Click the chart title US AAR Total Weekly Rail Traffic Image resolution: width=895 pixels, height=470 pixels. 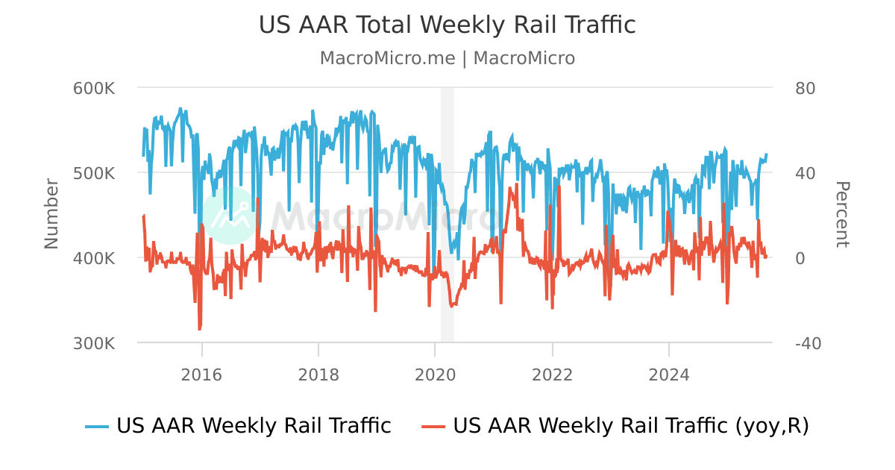[x=447, y=25]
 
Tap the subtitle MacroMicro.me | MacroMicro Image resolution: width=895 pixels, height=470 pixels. [x=447, y=58]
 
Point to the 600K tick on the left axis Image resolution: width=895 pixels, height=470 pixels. [x=93, y=88]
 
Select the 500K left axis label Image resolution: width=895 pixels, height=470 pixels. [x=93, y=173]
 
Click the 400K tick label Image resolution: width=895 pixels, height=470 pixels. [x=93, y=258]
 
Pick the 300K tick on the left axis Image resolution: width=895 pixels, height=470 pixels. [x=93, y=343]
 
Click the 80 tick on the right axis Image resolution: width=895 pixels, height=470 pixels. [x=805, y=88]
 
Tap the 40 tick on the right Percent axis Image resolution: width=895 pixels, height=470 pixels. [x=805, y=173]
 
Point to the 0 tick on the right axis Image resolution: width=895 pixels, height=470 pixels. [x=800, y=258]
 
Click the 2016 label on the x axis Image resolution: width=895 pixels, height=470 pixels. [x=201, y=374]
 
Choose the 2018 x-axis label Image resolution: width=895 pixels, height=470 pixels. [x=318, y=374]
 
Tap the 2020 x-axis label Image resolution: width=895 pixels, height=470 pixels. [x=435, y=374]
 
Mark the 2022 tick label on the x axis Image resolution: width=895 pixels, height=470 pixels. [x=552, y=374]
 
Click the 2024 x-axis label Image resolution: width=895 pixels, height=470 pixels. [x=669, y=374]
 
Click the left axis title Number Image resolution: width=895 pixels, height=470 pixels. [x=51, y=213]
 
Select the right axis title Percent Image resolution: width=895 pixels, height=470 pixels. [x=841, y=214]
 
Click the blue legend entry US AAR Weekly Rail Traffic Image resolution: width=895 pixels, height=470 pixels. [x=238, y=426]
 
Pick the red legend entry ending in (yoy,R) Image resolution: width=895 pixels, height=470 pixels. [x=615, y=426]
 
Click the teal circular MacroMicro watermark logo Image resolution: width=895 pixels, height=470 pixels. [x=229, y=216]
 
